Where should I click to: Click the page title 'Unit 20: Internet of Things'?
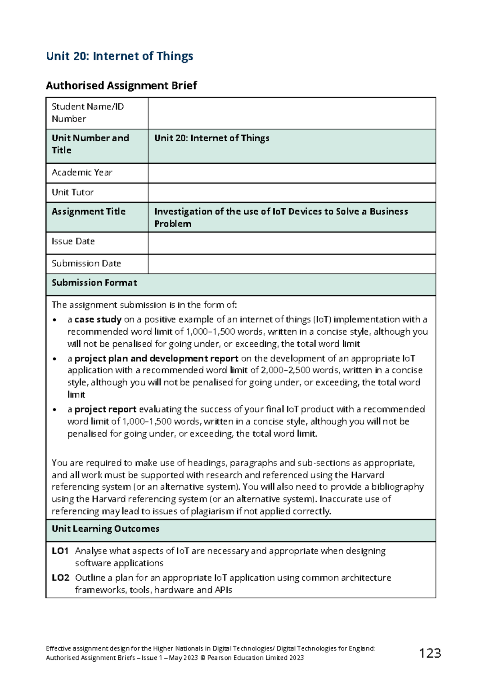pyautogui.click(x=119, y=56)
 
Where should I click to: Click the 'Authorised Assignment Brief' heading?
pyautogui.click(x=121, y=85)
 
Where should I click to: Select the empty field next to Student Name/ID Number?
pyautogui.click(x=291, y=113)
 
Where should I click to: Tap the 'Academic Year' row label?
pyautogui.click(x=82, y=173)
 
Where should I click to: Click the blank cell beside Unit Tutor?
pyautogui.click(x=291, y=193)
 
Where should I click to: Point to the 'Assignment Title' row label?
pyautogui.click(x=88, y=211)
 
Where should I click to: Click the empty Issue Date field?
pyautogui.click(x=291, y=243)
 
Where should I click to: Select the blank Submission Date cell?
pyautogui.click(x=291, y=264)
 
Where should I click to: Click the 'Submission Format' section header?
pyautogui.click(x=94, y=283)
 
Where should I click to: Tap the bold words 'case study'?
pyautogui.click(x=98, y=320)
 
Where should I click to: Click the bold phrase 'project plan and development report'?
pyautogui.click(x=156, y=358)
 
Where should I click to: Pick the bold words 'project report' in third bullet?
pyautogui.click(x=105, y=409)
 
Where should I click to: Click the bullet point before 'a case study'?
pyautogui.click(x=55, y=320)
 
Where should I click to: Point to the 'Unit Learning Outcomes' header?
pyautogui.click(x=105, y=529)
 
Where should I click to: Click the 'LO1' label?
pyautogui.click(x=60, y=551)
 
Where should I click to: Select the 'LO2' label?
pyautogui.click(x=60, y=578)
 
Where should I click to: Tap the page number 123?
pyautogui.click(x=430, y=653)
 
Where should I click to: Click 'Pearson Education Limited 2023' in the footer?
pyautogui.click(x=255, y=658)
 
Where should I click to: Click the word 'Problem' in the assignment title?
pyautogui.click(x=173, y=224)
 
